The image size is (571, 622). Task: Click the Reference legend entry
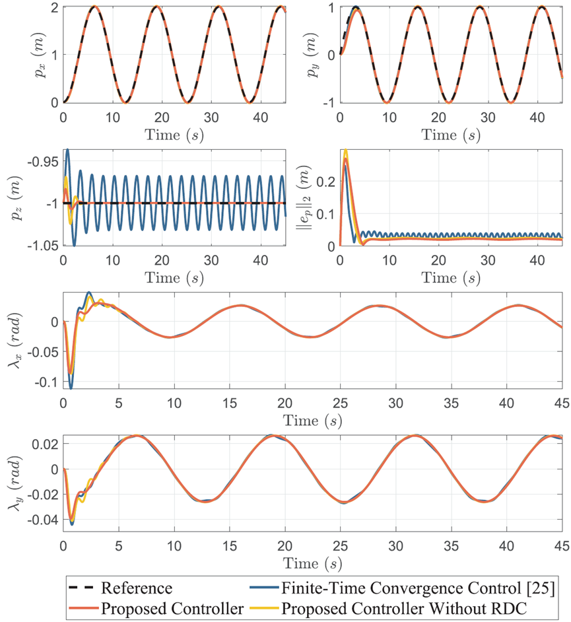(136, 588)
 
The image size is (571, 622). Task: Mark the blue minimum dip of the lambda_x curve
(71, 388)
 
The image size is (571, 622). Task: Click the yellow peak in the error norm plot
(345, 151)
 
